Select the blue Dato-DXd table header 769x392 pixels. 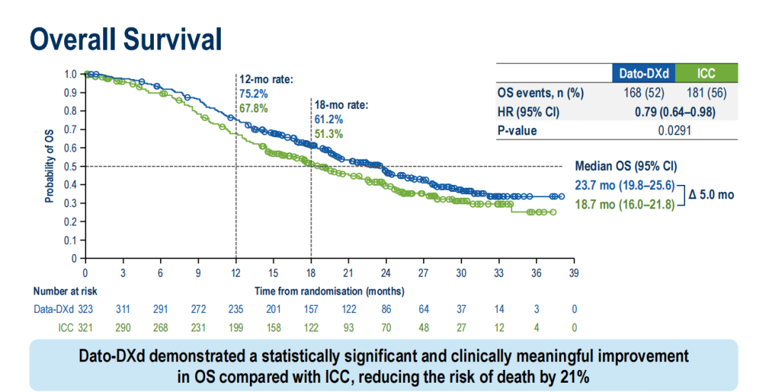point(643,73)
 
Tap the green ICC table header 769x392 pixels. point(706,73)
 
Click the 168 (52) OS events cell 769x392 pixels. point(643,93)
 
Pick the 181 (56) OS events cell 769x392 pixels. point(706,93)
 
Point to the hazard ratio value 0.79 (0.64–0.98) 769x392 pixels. point(674,112)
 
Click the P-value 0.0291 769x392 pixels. point(674,130)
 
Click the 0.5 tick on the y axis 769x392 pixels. point(70,166)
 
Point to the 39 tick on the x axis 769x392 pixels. point(574,274)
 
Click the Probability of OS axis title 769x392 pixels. point(49,166)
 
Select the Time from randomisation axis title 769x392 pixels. point(330,290)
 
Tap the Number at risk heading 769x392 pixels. point(66,290)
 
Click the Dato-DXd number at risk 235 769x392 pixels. point(236,309)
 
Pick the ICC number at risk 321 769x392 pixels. point(85,327)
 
